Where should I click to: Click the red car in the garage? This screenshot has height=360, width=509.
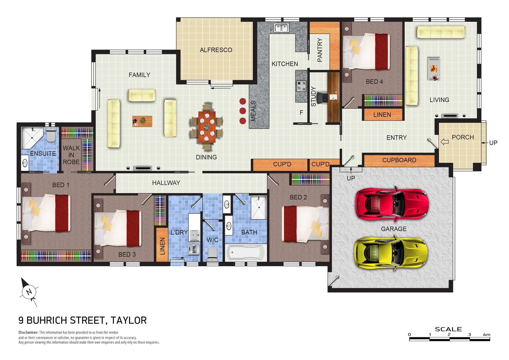click(x=391, y=203)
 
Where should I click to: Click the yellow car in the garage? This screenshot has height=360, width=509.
click(x=390, y=252)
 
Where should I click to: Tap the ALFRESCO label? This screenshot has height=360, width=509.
click(x=216, y=50)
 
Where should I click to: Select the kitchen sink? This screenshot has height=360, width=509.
click(x=281, y=28)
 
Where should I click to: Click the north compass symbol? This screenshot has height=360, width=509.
click(x=29, y=292)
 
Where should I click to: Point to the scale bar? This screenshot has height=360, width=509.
click(x=449, y=339)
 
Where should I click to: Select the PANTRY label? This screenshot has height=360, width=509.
click(x=320, y=50)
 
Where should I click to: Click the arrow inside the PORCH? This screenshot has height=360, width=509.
click(x=445, y=142)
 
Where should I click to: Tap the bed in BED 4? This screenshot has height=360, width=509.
click(x=366, y=52)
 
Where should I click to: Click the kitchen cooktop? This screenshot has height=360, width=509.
click(x=301, y=86)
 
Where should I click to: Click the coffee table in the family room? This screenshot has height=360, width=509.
click(x=142, y=121)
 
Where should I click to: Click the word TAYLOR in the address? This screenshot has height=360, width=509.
click(x=129, y=320)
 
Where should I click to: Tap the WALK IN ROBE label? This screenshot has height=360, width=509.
click(x=71, y=155)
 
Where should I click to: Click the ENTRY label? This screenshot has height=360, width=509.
click(x=396, y=138)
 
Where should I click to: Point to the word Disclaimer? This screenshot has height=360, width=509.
click(x=28, y=332)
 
